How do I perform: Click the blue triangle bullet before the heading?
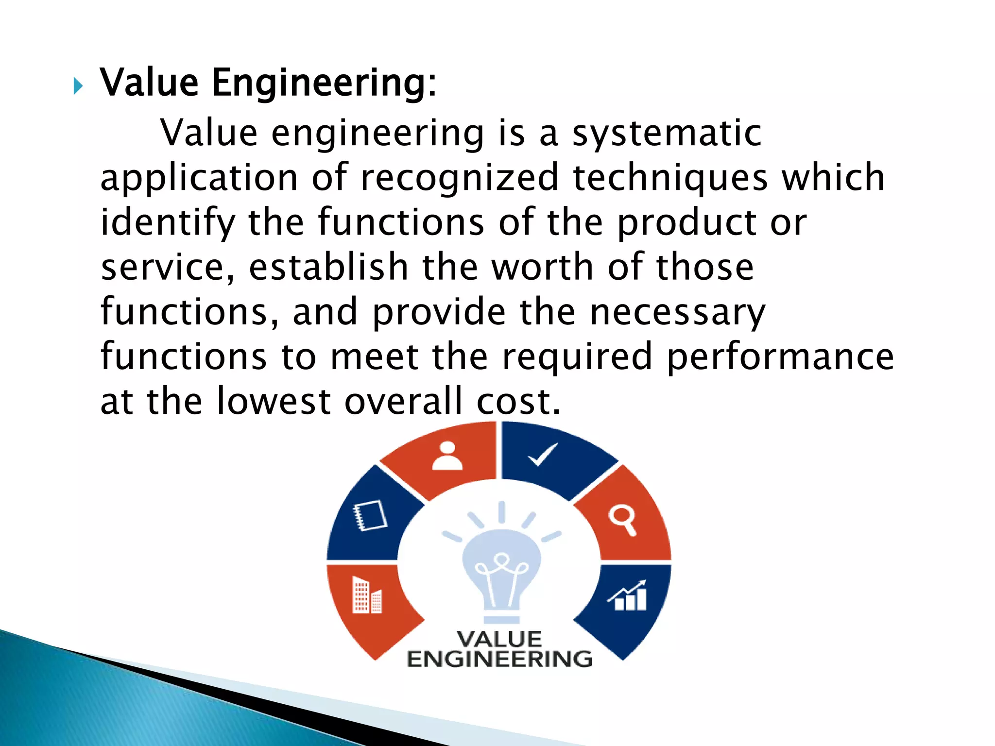(x=78, y=86)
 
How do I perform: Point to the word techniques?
(x=670, y=178)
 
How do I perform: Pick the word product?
(x=686, y=222)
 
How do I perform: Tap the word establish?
(x=328, y=267)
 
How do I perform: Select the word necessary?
(x=677, y=312)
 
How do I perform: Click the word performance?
(x=780, y=356)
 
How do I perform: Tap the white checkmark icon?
(x=542, y=455)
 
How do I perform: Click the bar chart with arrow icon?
(x=629, y=595)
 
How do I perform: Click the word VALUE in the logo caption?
(x=499, y=639)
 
